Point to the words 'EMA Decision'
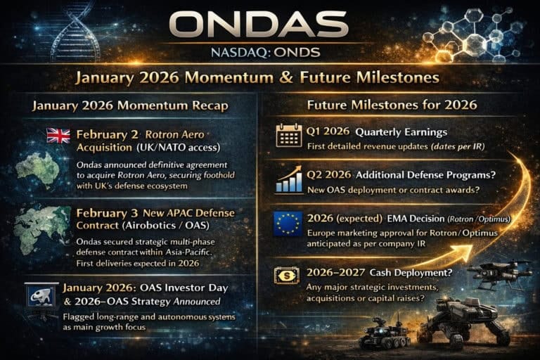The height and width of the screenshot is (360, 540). (403, 219)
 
